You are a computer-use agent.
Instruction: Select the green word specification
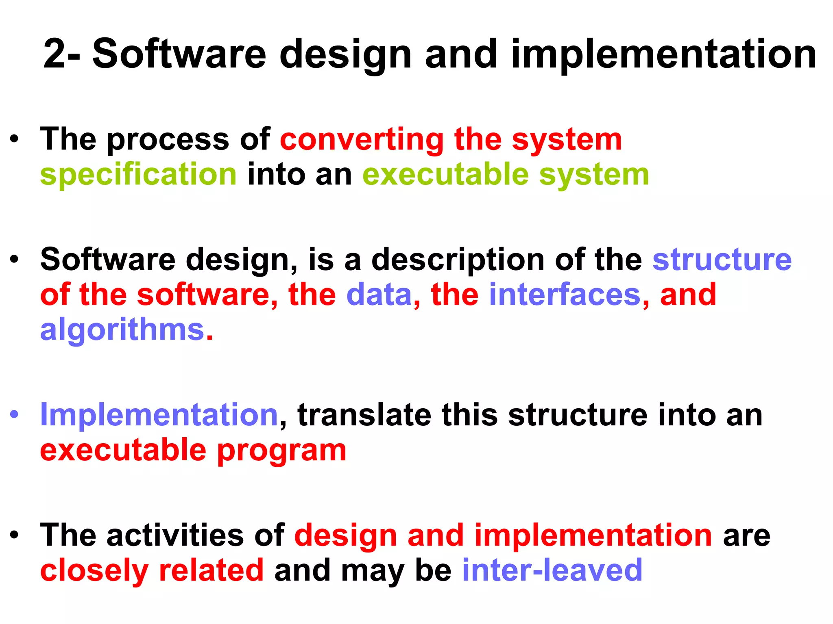[x=138, y=175]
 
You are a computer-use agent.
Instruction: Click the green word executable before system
[x=445, y=175]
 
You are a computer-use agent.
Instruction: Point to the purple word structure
[x=722, y=260]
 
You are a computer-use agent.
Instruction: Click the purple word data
[x=379, y=295]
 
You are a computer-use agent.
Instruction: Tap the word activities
[x=175, y=535]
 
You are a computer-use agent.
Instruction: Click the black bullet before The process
[x=15, y=139]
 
